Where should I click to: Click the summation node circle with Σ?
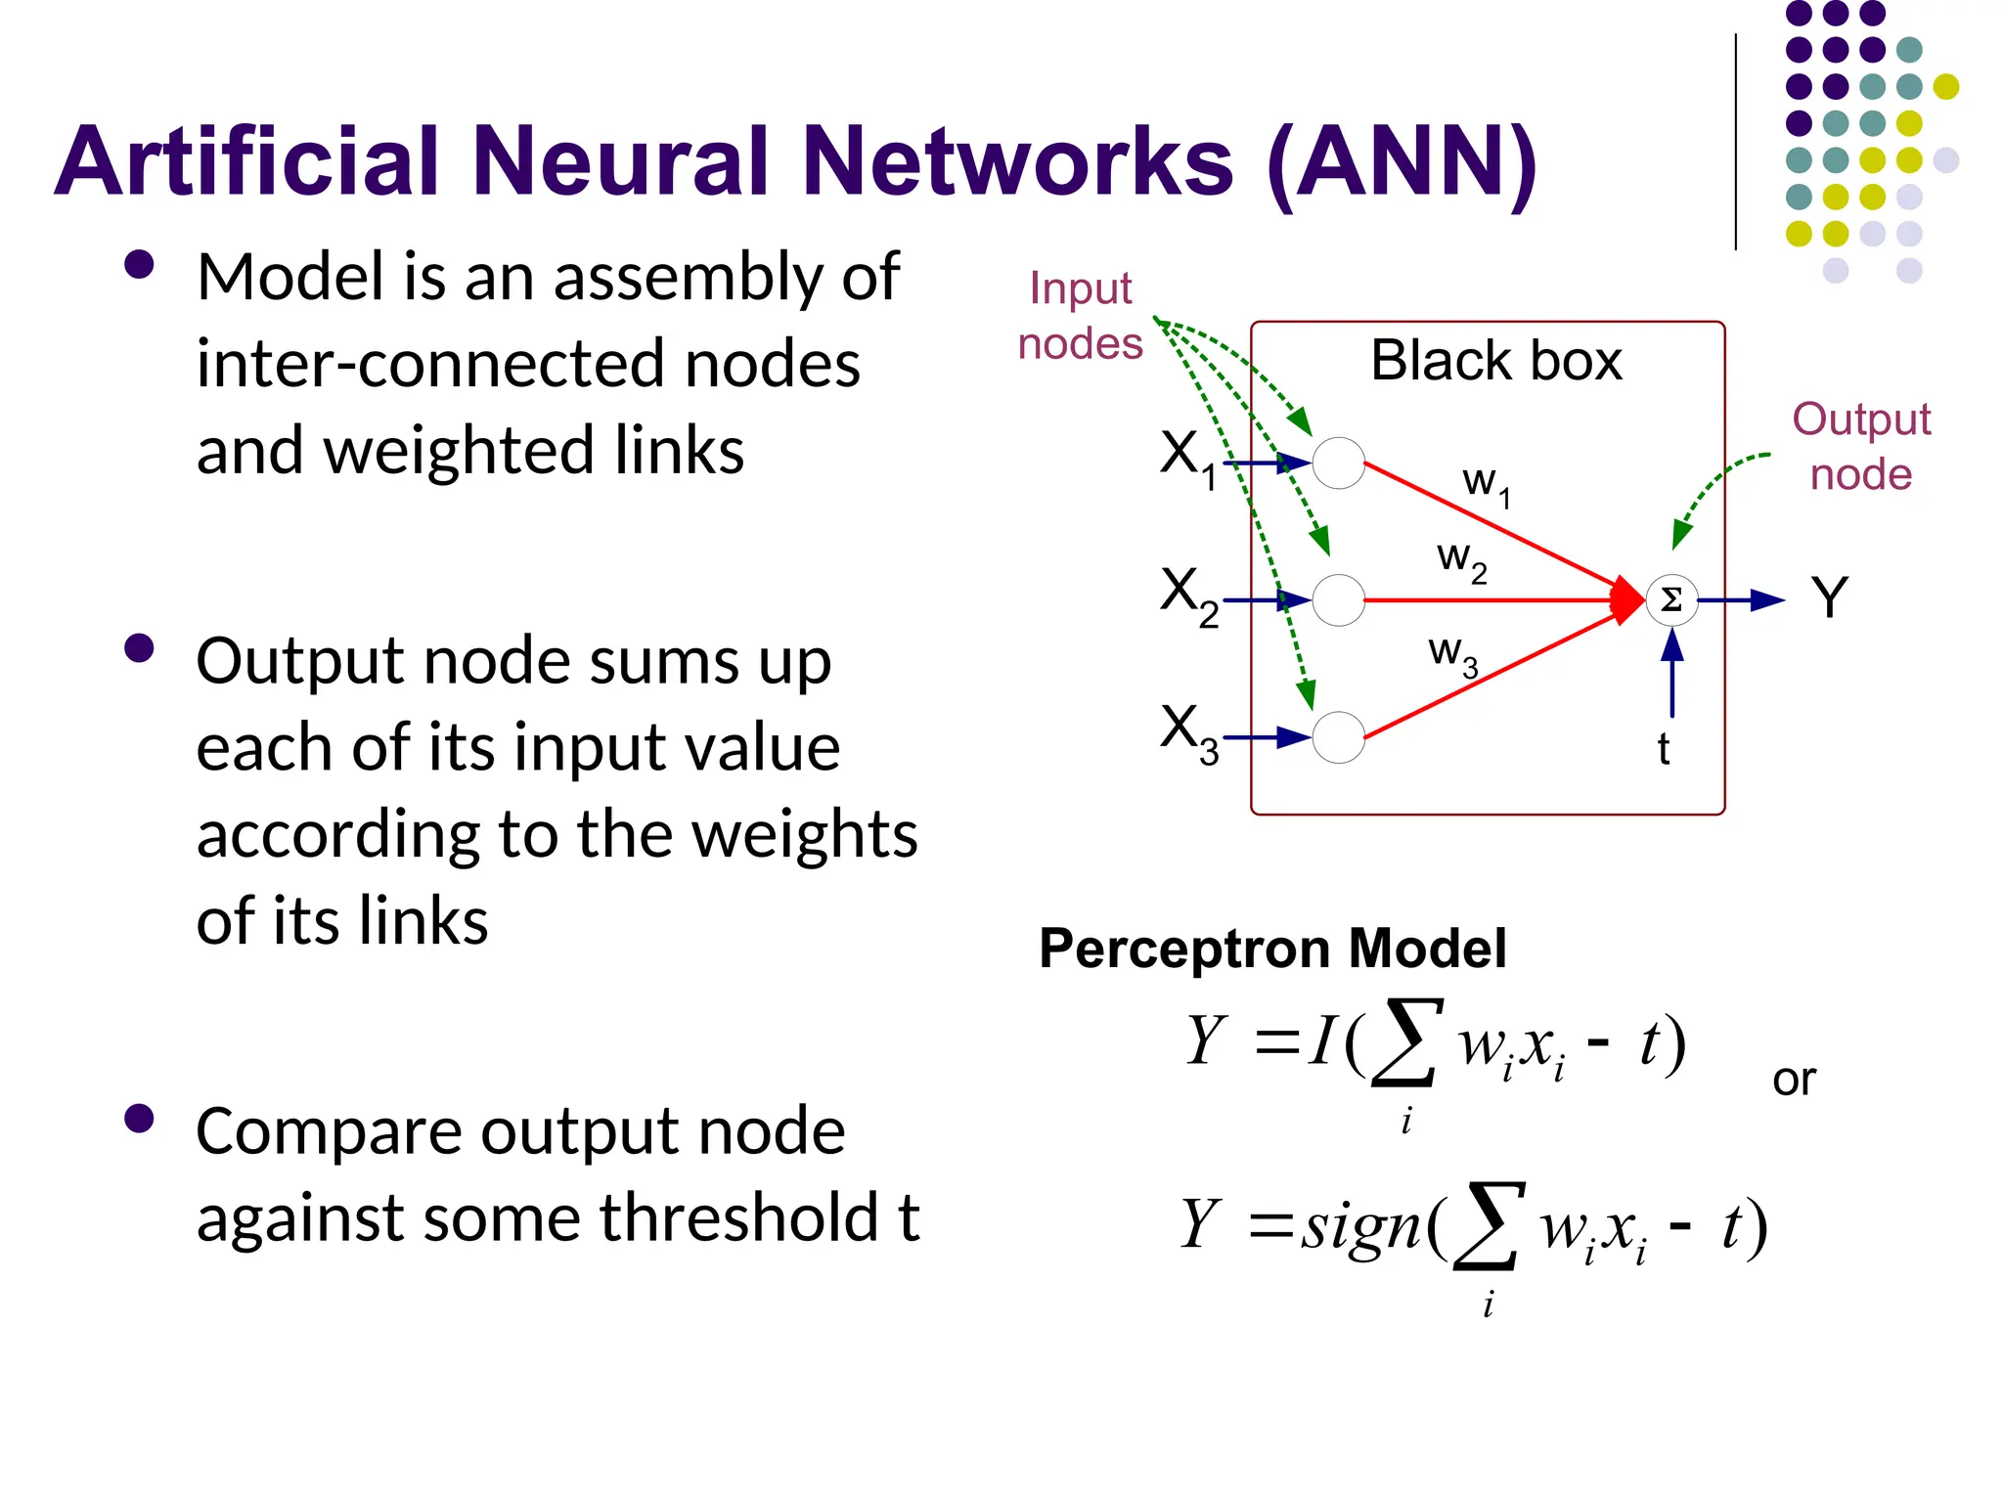[1671, 599]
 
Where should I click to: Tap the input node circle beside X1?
[1338, 464]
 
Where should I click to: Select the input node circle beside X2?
[1338, 599]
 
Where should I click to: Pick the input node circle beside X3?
[1338, 737]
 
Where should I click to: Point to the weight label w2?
[1461, 561]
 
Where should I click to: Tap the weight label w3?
[1452, 653]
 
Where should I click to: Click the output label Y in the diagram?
[1829, 597]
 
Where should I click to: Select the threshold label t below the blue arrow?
[1663, 750]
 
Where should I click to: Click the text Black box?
[1495, 361]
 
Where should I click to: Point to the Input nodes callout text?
[1080, 316]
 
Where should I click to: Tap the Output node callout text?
[1860, 447]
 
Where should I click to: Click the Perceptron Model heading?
[1272, 949]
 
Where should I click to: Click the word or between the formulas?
[1794, 1080]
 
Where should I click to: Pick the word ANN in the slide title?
[1401, 161]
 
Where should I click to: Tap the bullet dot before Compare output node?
[140, 1119]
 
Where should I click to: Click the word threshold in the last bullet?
[738, 1218]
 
